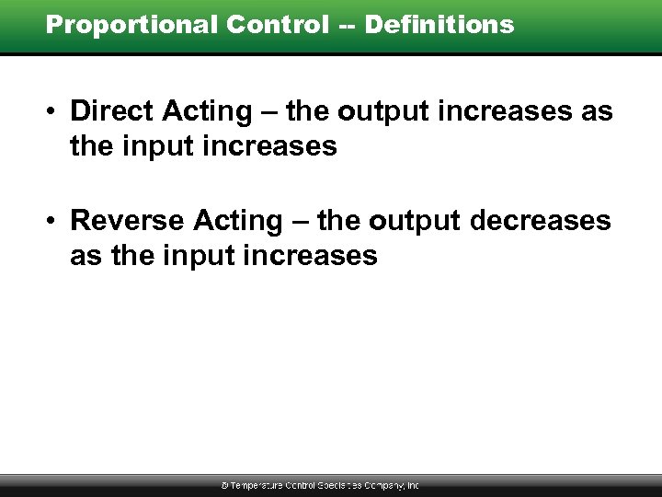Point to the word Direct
(113, 111)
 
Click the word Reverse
(129, 221)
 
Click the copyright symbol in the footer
(225, 485)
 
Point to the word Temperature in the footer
(257, 485)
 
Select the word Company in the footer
(384, 485)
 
